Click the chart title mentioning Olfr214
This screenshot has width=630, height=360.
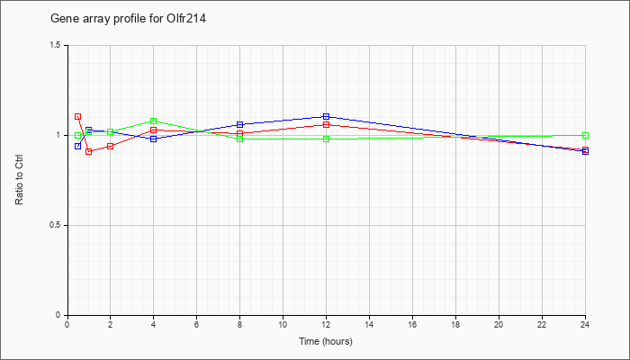[x=128, y=19]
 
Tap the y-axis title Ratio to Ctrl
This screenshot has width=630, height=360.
[x=19, y=180]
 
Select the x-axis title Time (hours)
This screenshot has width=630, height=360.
[x=326, y=341]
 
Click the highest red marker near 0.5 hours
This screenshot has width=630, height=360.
[x=78, y=117]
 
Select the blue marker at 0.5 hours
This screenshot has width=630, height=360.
[x=78, y=146]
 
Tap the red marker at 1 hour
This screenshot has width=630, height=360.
[x=89, y=151]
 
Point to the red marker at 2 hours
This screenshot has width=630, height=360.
[x=110, y=146]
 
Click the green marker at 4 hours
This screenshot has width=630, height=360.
[x=154, y=121]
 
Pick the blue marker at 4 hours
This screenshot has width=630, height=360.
[x=154, y=139]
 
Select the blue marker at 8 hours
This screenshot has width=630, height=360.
[x=240, y=124]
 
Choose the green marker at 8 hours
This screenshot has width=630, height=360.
[x=240, y=139]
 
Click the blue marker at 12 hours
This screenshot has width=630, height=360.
[x=326, y=116]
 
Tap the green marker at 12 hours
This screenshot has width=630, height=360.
[x=326, y=139]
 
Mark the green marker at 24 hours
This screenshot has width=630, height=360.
[x=585, y=135]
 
